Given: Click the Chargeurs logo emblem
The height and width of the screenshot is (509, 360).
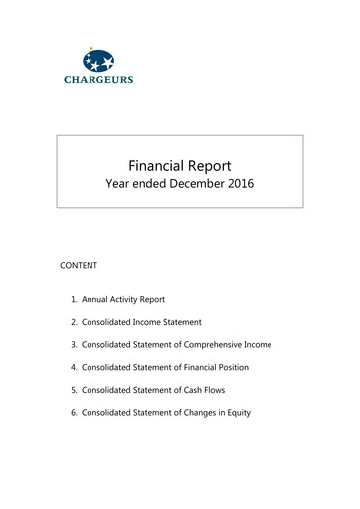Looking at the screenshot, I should point(98,61).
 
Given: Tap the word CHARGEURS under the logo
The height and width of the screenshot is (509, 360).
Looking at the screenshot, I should point(98,80).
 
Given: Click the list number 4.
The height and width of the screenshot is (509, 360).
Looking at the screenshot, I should point(73,367).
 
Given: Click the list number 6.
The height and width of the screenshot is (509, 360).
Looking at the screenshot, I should point(73,412).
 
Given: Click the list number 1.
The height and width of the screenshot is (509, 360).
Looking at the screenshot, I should point(73,298).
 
